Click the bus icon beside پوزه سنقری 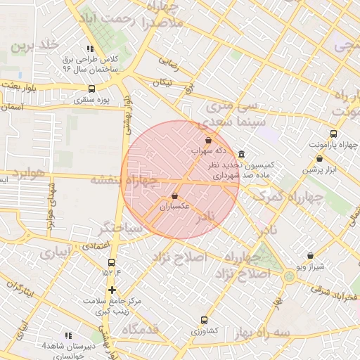pos(91,89)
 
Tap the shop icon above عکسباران pos(174,196)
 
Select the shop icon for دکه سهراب pos(208,140)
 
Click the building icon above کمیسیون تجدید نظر pos(242,154)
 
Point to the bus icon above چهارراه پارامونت pos(333,134)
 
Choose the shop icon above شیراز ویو pos(311,256)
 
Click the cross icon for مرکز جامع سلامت pos(112,290)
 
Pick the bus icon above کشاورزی pos(205,319)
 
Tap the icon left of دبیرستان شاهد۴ pos(68,336)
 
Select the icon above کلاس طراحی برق pos(90,49)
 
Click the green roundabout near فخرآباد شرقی pos(289,276)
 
